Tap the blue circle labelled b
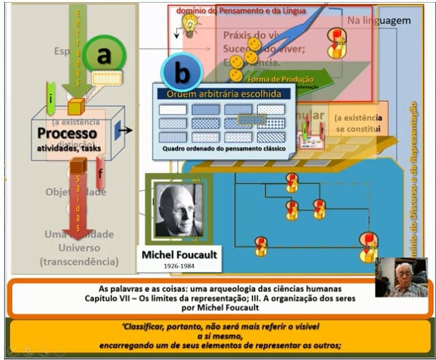[x=181, y=71]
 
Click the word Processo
[x=67, y=133]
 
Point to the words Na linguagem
[x=379, y=20]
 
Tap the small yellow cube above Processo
[x=76, y=106]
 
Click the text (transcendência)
[x=79, y=261]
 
